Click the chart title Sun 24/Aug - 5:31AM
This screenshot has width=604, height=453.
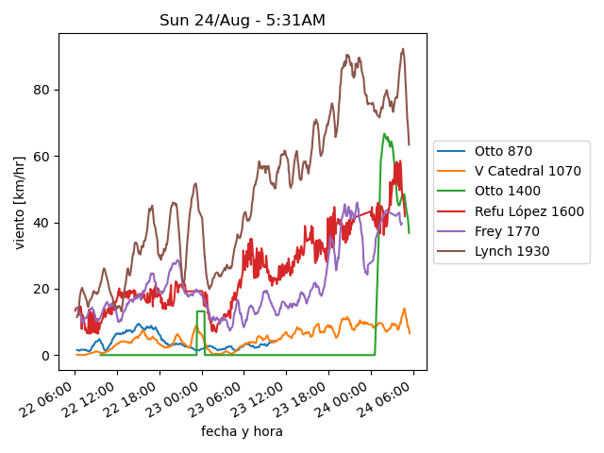point(243,20)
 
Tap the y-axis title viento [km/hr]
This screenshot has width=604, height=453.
point(20,202)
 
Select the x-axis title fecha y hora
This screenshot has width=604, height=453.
point(242,431)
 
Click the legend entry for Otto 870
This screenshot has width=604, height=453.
point(503,151)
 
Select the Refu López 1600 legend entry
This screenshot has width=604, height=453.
point(528,211)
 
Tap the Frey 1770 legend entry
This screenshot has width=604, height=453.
point(503,231)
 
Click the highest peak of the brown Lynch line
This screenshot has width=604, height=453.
point(403,49)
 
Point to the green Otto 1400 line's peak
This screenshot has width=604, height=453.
point(384,134)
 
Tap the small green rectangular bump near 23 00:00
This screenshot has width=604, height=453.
point(200,311)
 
